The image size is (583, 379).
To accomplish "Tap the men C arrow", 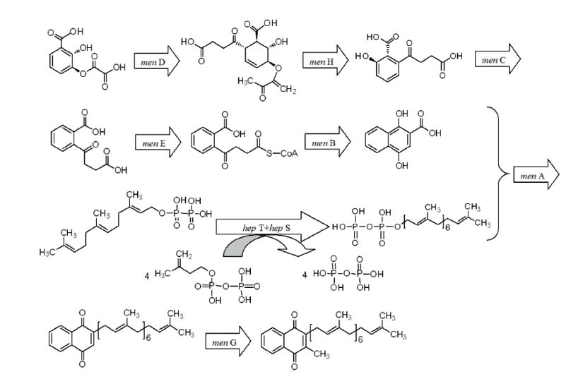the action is click(497, 61).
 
